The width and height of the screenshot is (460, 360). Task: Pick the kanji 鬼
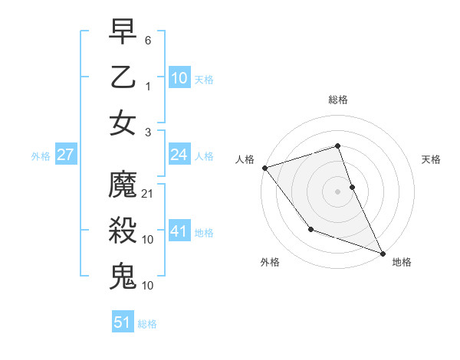[123, 276]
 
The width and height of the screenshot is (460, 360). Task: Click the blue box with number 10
[179, 77]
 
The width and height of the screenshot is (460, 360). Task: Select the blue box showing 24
[179, 155]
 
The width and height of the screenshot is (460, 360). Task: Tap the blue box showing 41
[179, 231]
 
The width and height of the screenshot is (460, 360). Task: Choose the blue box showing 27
[65, 155]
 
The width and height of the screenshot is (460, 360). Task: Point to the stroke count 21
[148, 193]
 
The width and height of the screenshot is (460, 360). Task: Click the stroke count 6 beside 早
[148, 39]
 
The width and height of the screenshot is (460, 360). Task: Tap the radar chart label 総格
[338, 100]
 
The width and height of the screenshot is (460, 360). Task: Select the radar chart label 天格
[431, 159]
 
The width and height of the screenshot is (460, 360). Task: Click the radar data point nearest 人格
[264, 167]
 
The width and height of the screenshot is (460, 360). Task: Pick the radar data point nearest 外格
[310, 229]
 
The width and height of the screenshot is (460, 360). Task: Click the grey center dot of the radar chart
[338, 191]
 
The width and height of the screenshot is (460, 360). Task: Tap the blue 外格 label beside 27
[41, 156]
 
